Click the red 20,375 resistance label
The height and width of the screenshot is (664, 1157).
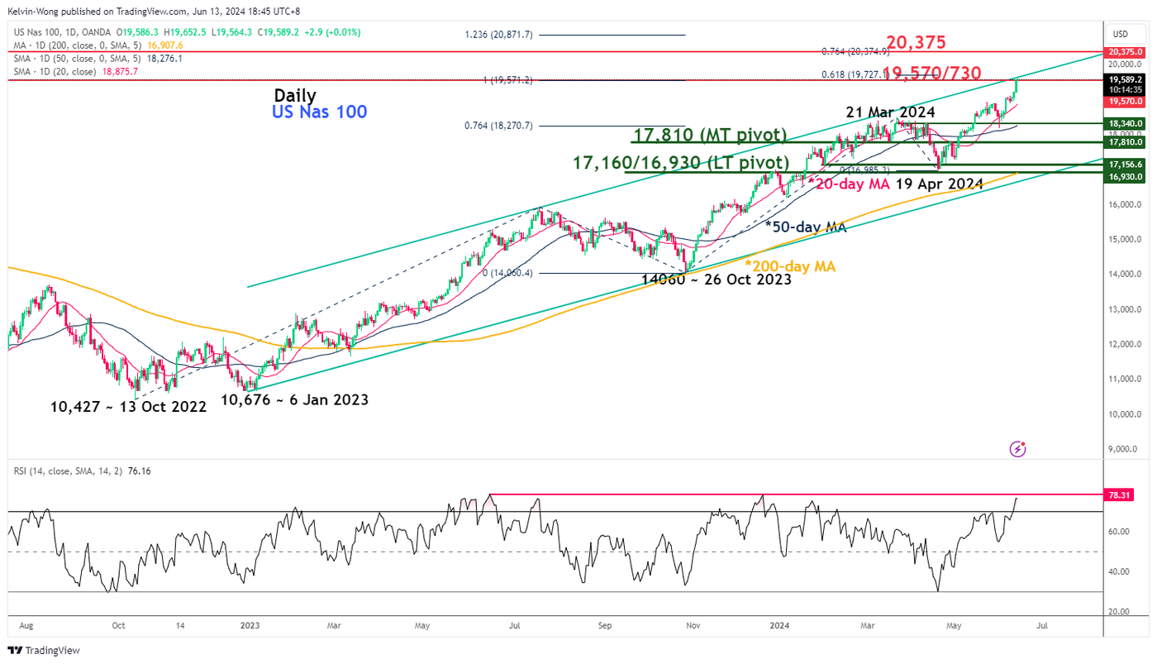(x=917, y=43)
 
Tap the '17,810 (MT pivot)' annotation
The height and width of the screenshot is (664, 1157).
(x=710, y=136)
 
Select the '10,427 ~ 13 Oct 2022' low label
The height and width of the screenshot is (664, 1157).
(x=128, y=407)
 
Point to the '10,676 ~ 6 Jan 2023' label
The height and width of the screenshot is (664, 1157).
(x=294, y=399)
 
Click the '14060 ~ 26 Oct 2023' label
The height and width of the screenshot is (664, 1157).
(x=717, y=279)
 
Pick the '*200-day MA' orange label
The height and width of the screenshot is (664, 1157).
(x=790, y=266)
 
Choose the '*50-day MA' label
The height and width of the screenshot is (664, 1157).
(x=806, y=227)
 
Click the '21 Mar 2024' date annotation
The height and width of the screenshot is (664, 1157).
(x=890, y=112)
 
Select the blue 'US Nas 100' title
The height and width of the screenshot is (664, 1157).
(x=320, y=112)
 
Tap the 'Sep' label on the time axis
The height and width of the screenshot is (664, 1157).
(x=606, y=626)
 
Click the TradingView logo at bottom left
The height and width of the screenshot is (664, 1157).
(x=45, y=650)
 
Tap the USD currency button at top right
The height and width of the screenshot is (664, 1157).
(x=1121, y=34)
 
